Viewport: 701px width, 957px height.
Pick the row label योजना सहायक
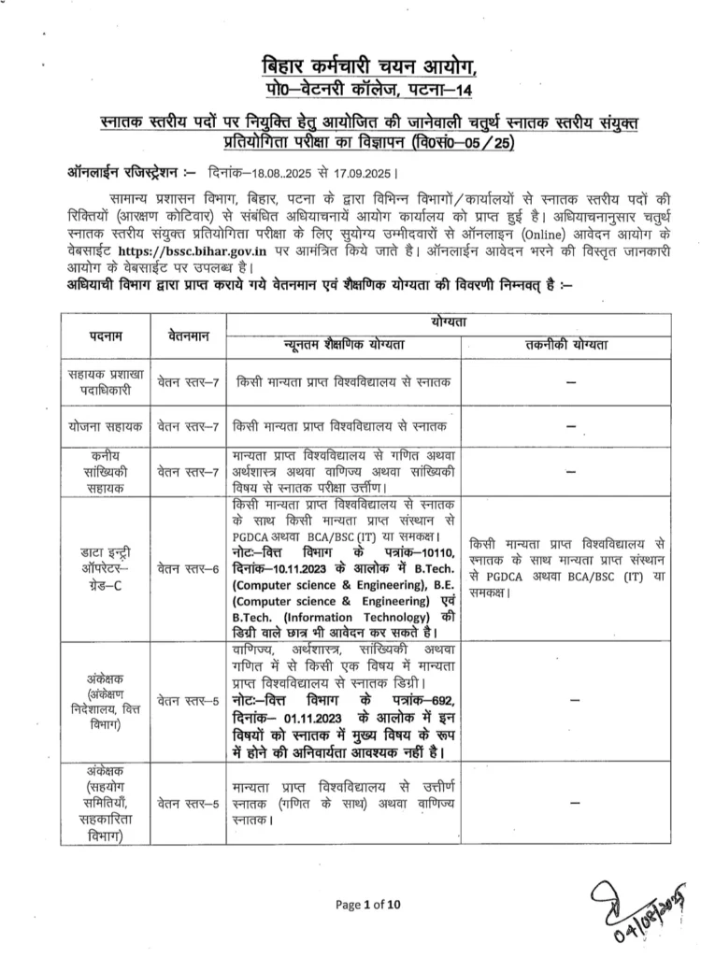pos(106,425)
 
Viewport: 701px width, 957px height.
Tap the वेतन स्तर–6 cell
pos(188,567)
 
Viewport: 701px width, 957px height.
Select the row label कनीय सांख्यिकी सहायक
pos(106,472)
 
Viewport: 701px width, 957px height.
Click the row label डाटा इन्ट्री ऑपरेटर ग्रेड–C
pos(106,567)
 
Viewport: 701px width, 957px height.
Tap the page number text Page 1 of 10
pos(366,904)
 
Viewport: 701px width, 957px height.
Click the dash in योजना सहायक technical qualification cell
pos(569,426)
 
